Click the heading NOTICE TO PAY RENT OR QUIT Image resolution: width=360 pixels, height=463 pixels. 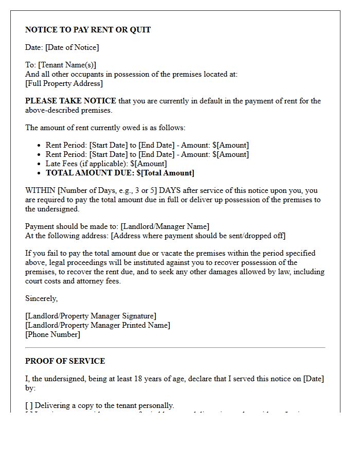(x=88, y=30)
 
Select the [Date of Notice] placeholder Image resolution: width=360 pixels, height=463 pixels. (x=72, y=47)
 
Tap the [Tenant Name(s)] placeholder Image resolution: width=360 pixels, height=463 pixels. (x=67, y=65)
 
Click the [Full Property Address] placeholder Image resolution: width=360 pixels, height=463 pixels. (x=64, y=83)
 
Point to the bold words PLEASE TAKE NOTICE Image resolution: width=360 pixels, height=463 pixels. (x=70, y=101)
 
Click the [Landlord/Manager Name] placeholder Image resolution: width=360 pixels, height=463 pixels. (x=165, y=226)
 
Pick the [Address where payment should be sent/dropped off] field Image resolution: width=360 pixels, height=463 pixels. (x=198, y=236)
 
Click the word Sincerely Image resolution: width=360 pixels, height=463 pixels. (x=41, y=298)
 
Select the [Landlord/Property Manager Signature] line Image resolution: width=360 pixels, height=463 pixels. (x=91, y=316)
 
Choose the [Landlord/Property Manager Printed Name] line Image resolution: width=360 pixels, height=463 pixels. (x=97, y=325)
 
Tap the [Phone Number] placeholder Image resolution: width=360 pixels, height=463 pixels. (x=52, y=334)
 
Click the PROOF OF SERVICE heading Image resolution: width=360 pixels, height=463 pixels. (x=65, y=361)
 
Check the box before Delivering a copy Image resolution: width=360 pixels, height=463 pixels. (x=29, y=405)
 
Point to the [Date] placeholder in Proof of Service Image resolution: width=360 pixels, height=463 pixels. (x=313, y=379)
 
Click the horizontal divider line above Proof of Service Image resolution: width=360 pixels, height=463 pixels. (x=175, y=348)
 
